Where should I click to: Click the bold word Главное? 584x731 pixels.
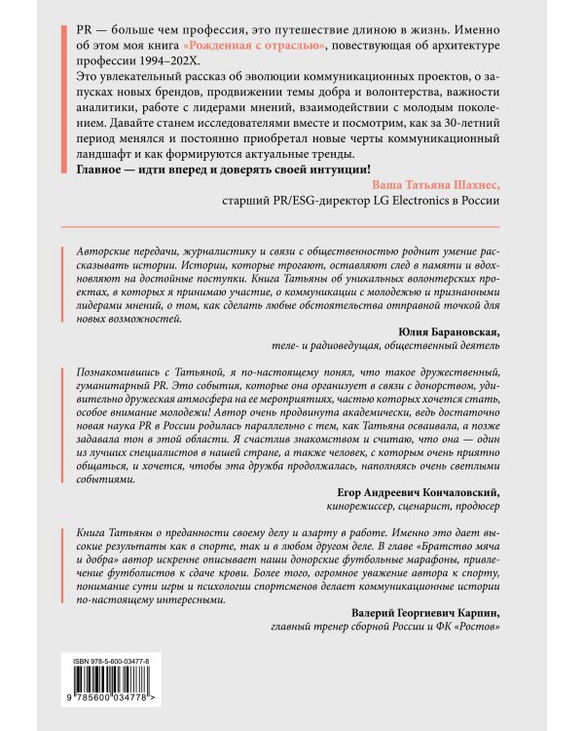pyautogui.click(x=105, y=169)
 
